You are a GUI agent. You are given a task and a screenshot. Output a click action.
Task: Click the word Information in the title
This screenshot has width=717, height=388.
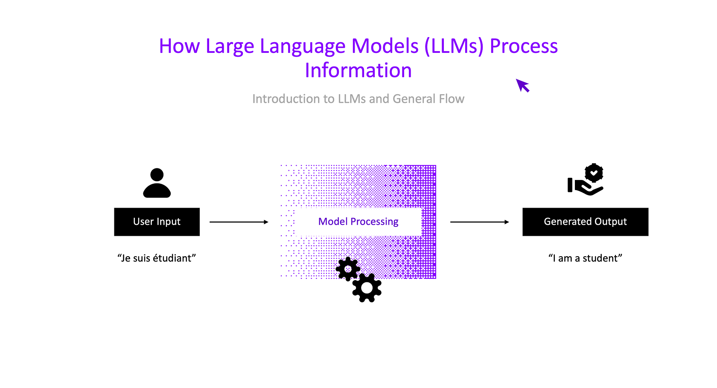pos(358,70)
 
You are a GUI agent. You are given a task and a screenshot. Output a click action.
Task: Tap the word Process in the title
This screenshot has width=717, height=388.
pos(524,46)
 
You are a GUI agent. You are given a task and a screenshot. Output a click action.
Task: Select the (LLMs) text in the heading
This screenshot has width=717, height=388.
pos(454,46)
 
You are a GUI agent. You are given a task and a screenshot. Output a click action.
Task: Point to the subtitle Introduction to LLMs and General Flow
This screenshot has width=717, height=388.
pos(358,99)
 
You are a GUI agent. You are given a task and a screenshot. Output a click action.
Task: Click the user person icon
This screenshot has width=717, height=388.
pos(157,183)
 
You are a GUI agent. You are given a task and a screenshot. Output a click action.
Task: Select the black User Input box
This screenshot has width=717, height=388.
pos(157,222)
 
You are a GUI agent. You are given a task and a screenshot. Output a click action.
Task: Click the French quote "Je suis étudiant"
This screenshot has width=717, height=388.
pos(157,258)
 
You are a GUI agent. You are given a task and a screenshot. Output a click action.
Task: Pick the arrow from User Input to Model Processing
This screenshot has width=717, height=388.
pos(239,222)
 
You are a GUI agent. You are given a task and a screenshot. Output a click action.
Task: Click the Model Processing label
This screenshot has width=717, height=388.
pos(358,222)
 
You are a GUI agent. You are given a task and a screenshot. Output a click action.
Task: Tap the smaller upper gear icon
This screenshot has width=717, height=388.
pos(348,269)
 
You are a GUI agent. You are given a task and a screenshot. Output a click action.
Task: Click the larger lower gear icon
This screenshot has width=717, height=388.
pos(367,288)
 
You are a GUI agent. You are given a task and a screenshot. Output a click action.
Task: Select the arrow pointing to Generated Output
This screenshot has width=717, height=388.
pos(479,222)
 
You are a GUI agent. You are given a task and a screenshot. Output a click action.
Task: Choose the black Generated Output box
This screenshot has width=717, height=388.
pos(585,222)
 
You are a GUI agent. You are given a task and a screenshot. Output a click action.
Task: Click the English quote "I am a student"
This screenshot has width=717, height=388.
pos(585,258)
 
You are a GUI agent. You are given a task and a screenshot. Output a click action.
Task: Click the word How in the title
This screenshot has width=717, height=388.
pos(179,46)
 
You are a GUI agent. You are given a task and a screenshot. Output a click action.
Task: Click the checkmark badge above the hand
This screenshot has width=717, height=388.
pos(594,173)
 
